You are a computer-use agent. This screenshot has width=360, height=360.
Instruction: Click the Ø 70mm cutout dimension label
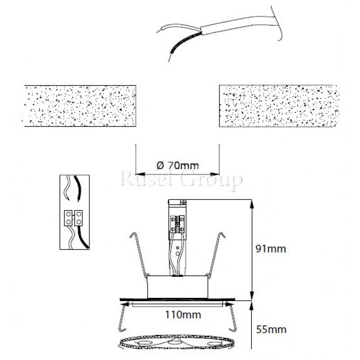coord(177,165)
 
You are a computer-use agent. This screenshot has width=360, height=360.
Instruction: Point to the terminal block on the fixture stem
coord(178,222)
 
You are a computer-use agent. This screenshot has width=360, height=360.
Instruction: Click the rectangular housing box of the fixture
coord(176,287)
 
